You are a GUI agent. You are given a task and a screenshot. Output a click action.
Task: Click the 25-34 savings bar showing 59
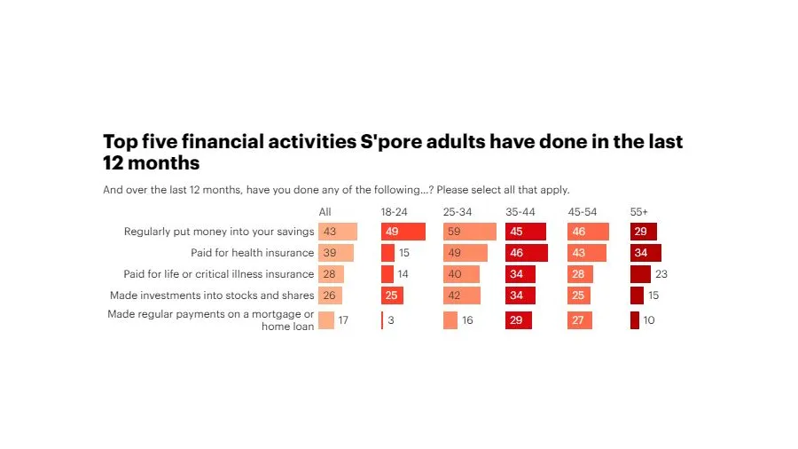[470, 232]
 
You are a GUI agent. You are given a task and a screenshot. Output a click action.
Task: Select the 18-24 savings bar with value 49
[403, 232]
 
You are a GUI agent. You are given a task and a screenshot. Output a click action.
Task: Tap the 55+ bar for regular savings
[643, 232]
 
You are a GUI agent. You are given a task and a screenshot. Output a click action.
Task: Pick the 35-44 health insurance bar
[527, 253]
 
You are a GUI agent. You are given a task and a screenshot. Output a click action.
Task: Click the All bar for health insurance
[336, 253]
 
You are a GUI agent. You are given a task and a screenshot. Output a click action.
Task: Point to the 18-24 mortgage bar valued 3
[383, 320]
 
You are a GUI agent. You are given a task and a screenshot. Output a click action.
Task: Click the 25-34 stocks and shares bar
[462, 295]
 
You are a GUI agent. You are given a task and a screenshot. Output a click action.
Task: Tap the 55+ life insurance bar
[640, 274]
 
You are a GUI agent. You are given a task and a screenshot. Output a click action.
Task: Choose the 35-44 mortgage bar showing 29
[519, 320]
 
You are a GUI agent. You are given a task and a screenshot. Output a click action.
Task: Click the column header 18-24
[394, 211]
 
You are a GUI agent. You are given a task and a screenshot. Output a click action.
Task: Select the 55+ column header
[638, 211]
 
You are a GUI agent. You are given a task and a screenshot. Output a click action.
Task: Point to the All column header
[325, 211]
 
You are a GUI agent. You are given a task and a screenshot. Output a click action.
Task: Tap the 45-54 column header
[583, 211]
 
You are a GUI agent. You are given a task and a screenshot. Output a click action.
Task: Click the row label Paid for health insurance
[253, 253]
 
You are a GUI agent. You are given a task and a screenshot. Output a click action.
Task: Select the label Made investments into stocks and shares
[212, 295]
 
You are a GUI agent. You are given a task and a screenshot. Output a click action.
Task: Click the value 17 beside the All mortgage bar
[343, 320]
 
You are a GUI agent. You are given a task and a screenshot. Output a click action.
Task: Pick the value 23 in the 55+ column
[661, 274]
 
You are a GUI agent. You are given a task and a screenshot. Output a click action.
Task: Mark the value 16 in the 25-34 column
[467, 320]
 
